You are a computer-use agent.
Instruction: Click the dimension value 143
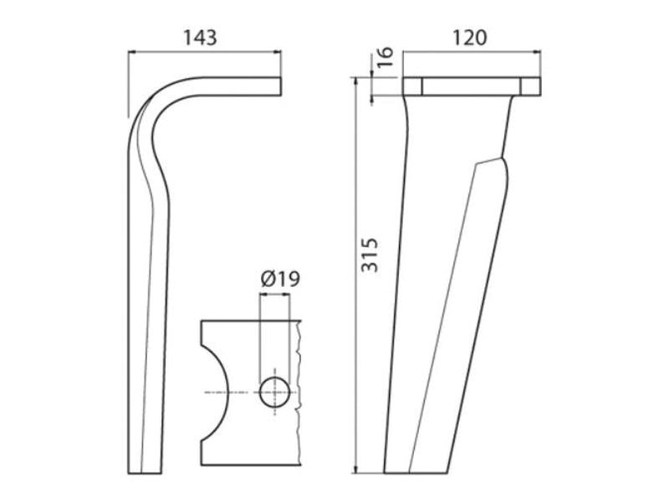pyautogui.click(x=200, y=38)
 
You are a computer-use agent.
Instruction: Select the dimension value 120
pyautogui.click(x=469, y=38)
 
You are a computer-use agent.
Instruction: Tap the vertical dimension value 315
pyautogui.click(x=370, y=255)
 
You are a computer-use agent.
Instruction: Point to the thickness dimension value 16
pyautogui.click(x=385, y=57)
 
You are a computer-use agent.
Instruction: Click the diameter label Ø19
pyautogui.click(x=280, y=279)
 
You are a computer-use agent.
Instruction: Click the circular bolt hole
pyautogui.click(x=275, y=392)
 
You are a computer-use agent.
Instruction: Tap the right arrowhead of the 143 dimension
pyautogui.click(x=278, y=52)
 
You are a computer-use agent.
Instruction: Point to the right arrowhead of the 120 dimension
pyautogui.click(x=537, y=52)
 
